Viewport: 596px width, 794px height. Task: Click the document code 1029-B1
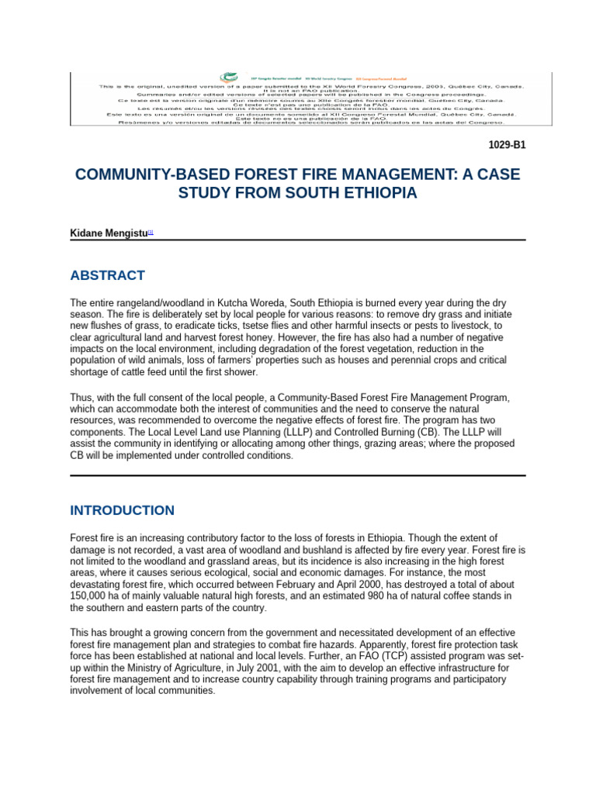pyautogui.click(x=507, y=144)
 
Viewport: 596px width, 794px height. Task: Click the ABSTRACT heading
pyautogui.click(x=107, y=275)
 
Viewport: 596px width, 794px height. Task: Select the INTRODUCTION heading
pyautogui.click(x=122, y=510)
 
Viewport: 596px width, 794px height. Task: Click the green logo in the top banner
pyautogui.click(x=228, y=78)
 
